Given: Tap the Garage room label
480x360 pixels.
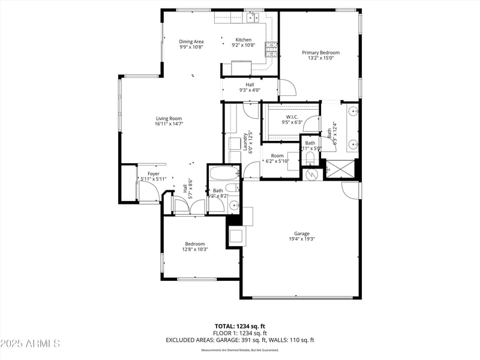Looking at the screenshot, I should pos(301,233).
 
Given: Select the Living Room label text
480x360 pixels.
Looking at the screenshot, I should pos(169,118).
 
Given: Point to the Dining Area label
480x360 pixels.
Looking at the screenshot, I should pos(191,41).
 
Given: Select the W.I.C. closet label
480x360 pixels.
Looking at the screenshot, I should pos(292,116).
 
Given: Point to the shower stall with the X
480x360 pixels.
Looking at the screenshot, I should pos(340,170).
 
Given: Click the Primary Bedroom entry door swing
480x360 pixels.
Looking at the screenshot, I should pos(287,89).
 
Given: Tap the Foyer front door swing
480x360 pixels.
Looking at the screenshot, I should pos(150,193).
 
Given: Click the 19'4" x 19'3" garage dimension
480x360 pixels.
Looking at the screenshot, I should pos(301,239).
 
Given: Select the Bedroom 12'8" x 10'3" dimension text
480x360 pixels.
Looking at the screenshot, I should pos(195,249).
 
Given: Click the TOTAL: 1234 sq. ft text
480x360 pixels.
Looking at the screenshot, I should pos(240,326).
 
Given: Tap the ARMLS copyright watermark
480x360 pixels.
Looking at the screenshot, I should pos(30,344).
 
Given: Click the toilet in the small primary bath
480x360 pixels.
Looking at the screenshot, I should pos(310,158).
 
